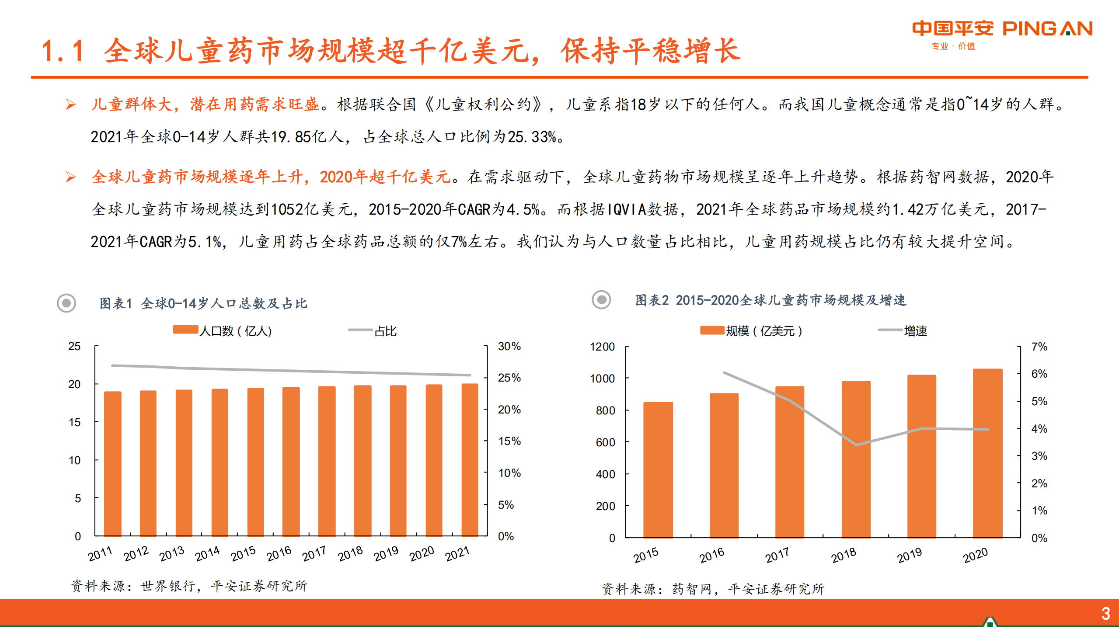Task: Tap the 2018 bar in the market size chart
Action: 856,459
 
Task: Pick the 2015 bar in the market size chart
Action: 658,469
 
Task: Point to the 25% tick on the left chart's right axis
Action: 509,378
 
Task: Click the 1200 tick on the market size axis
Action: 602,347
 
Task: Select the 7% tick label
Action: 1039,347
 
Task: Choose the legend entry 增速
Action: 915,331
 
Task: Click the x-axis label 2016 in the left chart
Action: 279,554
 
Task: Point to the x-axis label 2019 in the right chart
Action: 909,555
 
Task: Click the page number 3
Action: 1105,614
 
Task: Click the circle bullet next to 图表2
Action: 601,300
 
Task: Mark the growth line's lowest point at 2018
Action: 856,445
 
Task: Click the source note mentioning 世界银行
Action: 189,586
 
